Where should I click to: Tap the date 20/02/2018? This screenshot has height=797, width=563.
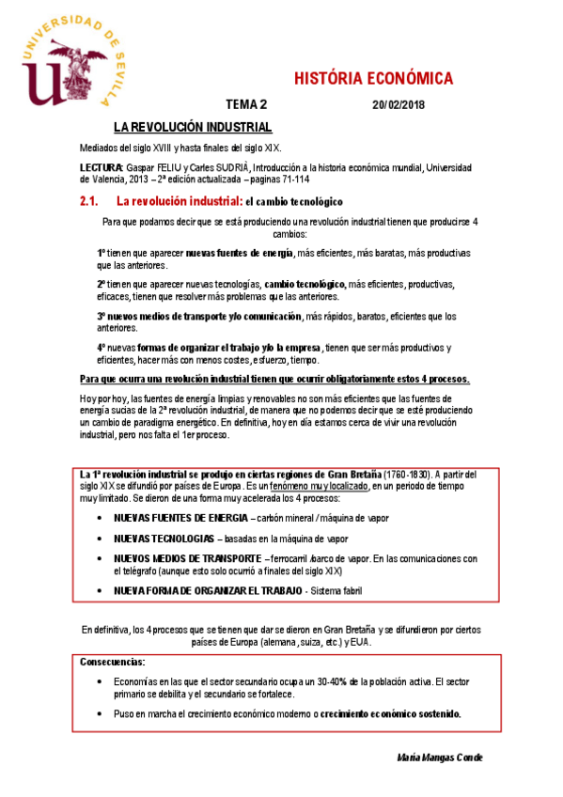coord(399,105)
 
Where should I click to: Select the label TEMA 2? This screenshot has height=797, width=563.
coord(245,105)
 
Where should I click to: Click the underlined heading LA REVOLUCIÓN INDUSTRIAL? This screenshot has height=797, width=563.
coord(193,127)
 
